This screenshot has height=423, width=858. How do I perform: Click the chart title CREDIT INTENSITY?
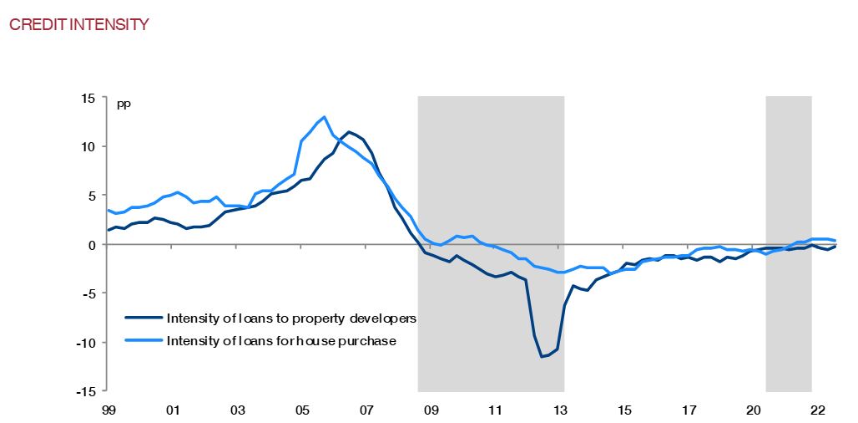point(78,24)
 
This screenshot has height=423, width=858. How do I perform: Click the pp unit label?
point(124,104)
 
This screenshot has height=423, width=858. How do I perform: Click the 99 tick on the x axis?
point(109,410)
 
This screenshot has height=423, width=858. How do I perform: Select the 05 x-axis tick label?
point(302,410)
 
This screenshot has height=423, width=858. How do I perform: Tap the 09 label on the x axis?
point(431,410)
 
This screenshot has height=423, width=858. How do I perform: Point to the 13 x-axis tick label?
point(560,410)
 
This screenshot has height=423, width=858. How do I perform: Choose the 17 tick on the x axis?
point(689,410)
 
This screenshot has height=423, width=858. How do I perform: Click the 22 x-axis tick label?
point(818,410)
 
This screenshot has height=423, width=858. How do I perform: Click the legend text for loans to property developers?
point(291,319)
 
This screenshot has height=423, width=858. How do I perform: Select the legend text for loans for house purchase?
point(281,340)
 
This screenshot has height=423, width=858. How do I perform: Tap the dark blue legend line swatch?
point(144,319)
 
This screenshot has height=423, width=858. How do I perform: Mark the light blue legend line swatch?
point(144,340)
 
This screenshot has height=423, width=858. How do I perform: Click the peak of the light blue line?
point(324,117)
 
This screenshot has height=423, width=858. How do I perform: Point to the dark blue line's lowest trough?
point(542,357)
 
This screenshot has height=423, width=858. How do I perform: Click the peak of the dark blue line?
point(349,132)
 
